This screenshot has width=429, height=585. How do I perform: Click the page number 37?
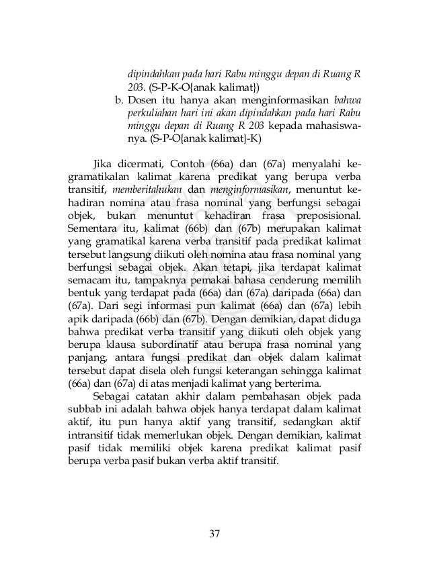[214, 533]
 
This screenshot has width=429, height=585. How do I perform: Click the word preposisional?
[325, 216]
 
